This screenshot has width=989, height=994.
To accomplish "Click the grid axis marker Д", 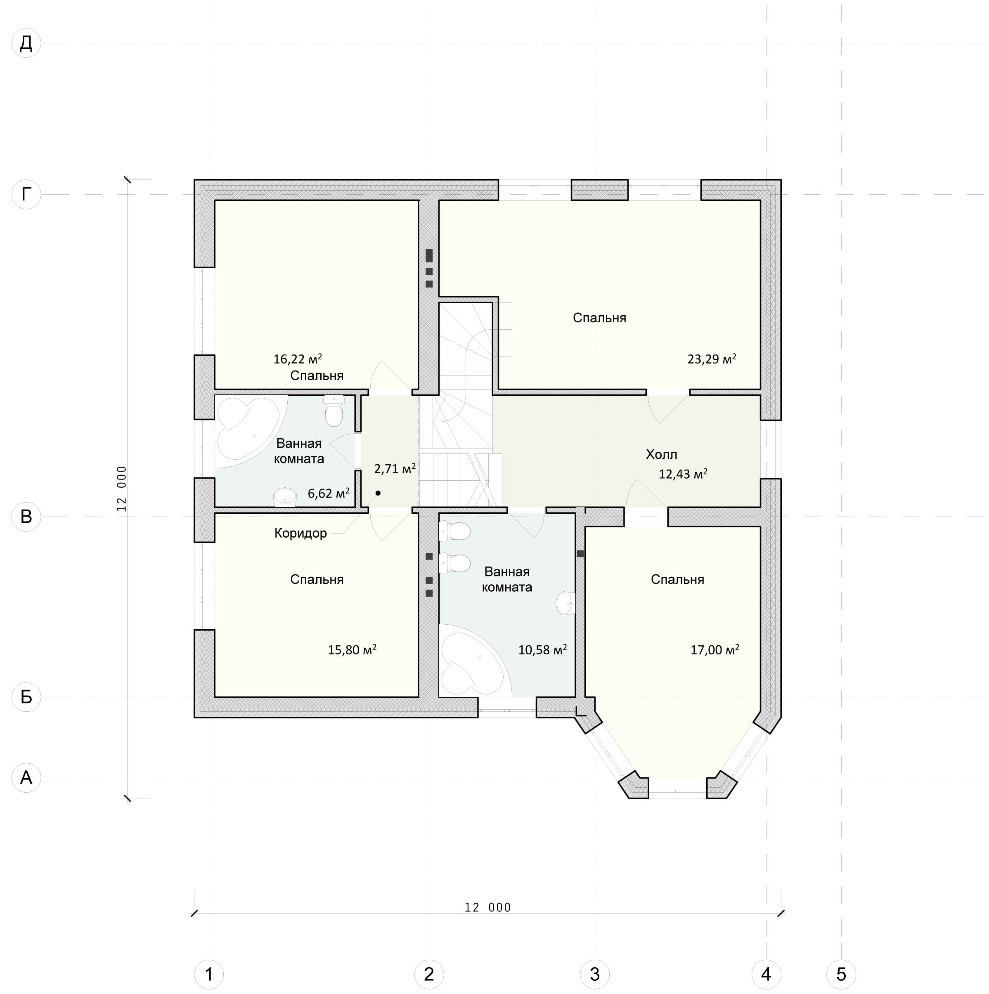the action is [x=26, y=43].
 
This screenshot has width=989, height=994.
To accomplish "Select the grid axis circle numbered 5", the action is [x=841, y=974].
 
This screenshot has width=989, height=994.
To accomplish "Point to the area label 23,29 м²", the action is [x=712, y=359].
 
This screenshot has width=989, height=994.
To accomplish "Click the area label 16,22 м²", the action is [x=298, y=359].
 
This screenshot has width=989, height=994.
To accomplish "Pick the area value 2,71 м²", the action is [x=395, y=468].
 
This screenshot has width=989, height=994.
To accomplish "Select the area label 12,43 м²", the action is [x=683, y=474].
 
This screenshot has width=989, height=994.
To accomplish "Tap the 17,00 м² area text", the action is [x=715, y=650].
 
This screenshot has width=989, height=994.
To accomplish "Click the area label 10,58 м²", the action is [x=542, y=650].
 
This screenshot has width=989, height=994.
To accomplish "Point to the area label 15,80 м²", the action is [x=352, y=650].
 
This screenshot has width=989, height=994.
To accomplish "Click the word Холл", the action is [x=661, y=454].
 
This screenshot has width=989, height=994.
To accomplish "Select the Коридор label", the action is [x=300, y=533].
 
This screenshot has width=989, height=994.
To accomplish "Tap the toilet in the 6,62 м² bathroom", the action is [x=334, y=411].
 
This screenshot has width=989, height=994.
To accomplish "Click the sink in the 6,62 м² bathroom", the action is [x=284, y=498].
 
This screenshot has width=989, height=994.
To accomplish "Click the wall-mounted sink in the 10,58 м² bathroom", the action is [x=565, y=602].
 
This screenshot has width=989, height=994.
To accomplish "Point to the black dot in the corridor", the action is [x=378, y=493].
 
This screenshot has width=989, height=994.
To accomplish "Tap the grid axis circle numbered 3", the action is [x=595, y=974].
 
